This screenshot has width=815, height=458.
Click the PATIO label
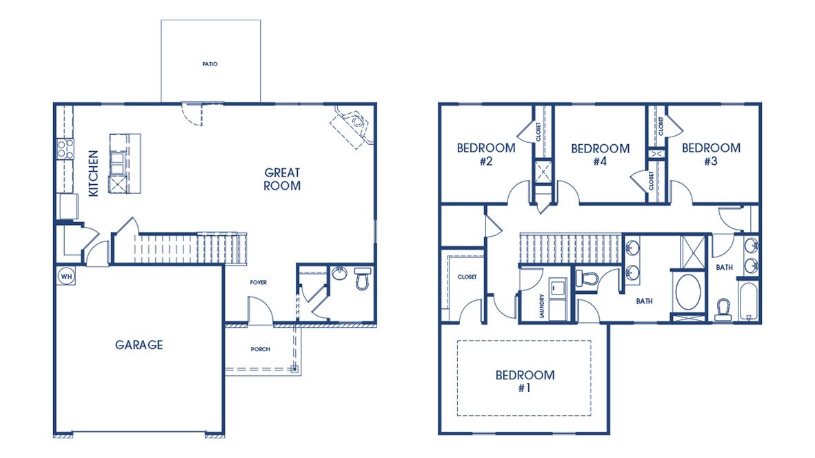tap(210, 64)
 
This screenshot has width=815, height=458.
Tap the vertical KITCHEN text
tap(94, 174)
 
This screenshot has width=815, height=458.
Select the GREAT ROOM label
tap(282, 179)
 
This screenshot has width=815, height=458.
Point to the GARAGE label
tap(139, 345)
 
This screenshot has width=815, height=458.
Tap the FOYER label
tap(259, 282)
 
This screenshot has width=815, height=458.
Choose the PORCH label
tap(260, 349)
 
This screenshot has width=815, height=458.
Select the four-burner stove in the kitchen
tap(64, 149)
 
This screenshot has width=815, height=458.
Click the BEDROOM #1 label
tap(525, 381)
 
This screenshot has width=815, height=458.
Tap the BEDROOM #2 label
tap(486, 155)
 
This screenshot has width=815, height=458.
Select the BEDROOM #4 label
tap(600, 155)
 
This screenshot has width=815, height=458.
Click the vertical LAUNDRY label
tap(542, 305)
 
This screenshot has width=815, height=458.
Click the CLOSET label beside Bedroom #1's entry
tap(467, 277)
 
